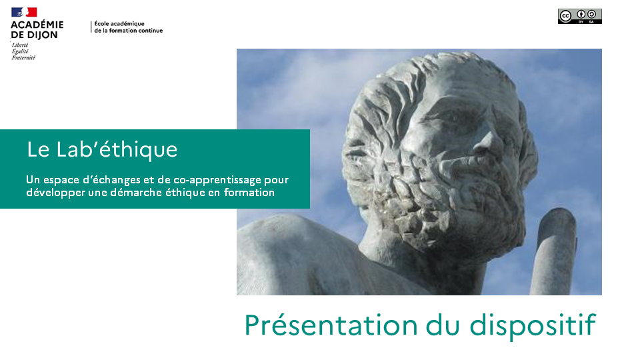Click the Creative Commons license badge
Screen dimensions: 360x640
(579, 16)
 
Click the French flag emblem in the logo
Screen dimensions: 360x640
(24, 12)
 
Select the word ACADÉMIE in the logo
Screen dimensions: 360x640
(37, 25)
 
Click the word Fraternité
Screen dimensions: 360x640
(23, 58)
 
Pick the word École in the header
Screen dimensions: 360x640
(102, 24)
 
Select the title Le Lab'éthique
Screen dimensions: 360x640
(102, 149)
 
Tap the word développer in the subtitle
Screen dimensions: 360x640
(54, 193)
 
